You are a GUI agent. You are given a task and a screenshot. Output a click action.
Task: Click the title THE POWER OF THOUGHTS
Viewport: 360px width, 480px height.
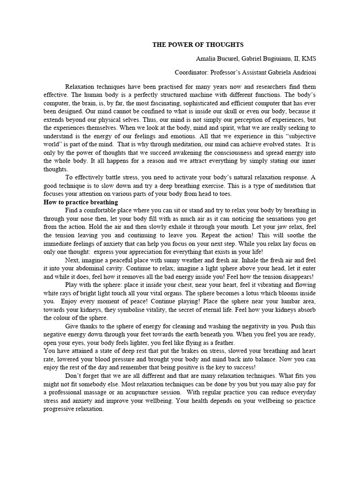click(198, 45)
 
